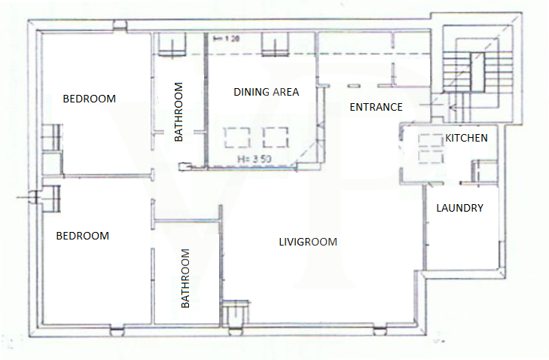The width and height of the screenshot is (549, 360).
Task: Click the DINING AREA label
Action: (266, 92)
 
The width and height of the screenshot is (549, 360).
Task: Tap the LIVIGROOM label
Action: (308, 242)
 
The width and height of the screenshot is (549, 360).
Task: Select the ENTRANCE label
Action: (376, 107)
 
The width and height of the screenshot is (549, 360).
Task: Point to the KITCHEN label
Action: (466, 138)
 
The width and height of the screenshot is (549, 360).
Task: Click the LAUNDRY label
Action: (459, 208)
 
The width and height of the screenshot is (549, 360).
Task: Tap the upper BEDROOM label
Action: (90, 99)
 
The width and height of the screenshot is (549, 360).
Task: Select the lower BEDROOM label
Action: (83, 236)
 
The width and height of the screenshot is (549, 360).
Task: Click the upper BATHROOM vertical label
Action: (178, 111)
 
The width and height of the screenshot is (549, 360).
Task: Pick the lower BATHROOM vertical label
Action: (185, 279)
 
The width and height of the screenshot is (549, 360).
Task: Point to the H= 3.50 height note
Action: (255, 159)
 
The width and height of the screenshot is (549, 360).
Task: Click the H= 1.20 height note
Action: (227, 38)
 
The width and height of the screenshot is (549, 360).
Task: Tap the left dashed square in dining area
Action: (237, 137)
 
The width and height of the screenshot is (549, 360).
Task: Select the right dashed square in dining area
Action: (276, 137)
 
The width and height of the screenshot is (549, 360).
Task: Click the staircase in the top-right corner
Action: (477, 74)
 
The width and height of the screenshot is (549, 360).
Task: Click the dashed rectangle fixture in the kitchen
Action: (431, 148)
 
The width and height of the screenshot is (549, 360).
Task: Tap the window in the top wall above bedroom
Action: (120, 25)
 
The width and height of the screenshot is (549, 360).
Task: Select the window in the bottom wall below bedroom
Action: (117, 331)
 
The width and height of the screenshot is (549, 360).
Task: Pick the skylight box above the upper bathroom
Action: (172, 44)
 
